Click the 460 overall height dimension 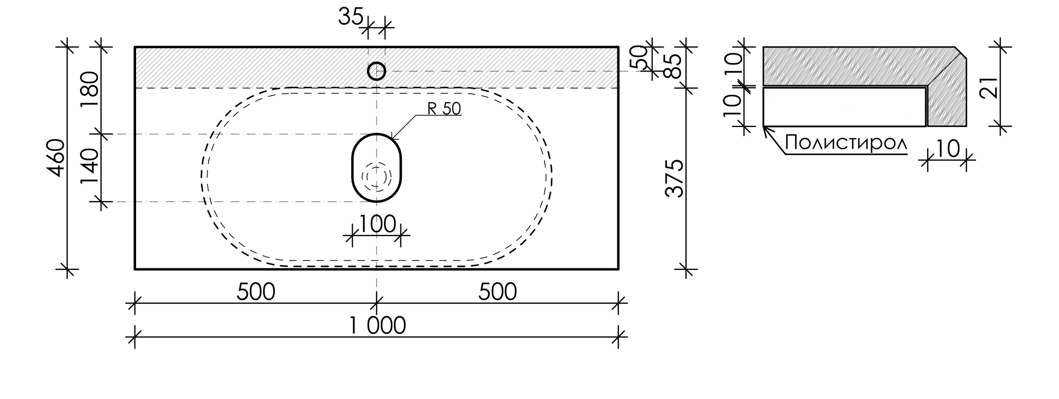pos(56,158)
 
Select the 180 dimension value pos(90,89)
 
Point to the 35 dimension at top pos(351,17)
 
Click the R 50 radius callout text pos(444,108)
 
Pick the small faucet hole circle pos(376,71)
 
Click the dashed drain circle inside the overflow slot pos(376,176)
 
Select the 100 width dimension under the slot pos(377,224)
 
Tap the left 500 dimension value pos(256,292)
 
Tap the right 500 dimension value pos(497,292)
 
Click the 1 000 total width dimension pos(377,325)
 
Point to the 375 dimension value pos(675,179)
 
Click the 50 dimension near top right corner pos(639,57)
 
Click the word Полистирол pos(846,143)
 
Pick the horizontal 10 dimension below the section pos(948,149)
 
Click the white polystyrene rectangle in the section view pos(844,107)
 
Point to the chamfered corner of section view pos(961,52)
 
